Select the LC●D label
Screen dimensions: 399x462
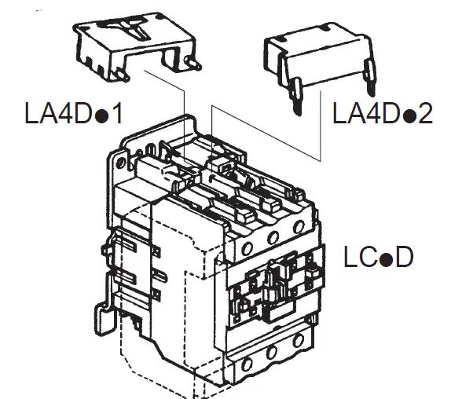(x=378, y=257)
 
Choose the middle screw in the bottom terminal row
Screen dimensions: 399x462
(x=272, y=354)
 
